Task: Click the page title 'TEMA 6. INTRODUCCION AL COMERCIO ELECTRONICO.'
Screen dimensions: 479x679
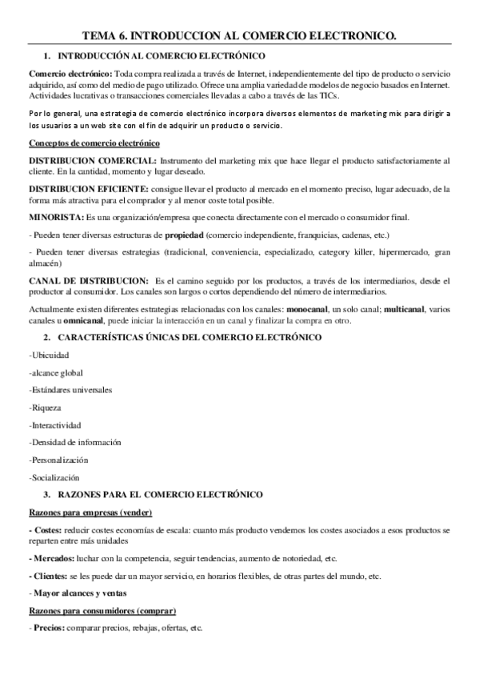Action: pos(239,35)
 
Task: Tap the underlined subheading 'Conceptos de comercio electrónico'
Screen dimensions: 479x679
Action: pos(94,143)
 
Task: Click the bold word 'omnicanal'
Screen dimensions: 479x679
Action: pos(74,320)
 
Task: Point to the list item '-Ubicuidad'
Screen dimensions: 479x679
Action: pos(49,355)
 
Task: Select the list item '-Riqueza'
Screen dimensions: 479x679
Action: pos(46,408)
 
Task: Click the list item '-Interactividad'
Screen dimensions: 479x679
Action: pos(55,425)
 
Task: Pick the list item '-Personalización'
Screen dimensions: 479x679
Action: pos(58,460)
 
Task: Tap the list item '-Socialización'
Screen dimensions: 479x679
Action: pos(54,477)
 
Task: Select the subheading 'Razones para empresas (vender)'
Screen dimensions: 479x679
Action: pos(90,512)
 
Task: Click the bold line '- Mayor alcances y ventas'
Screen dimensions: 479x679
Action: pos(79,593)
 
